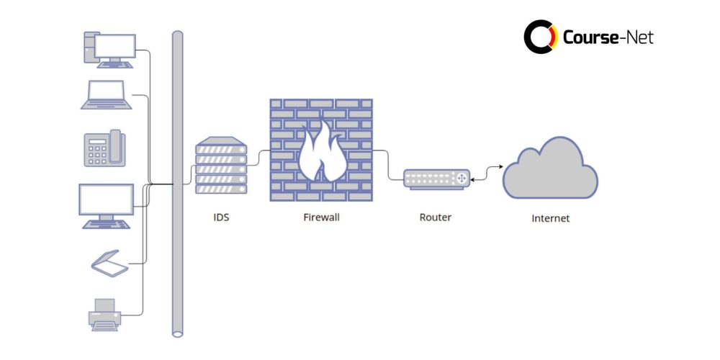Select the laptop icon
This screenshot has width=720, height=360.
click(106, 95)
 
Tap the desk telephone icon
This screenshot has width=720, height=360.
click(104, 149)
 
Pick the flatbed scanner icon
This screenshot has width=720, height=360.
click(109, 263)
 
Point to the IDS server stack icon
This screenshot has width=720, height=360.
click(221, 166)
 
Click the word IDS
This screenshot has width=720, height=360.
click(221, 217)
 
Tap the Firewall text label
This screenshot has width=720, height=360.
click(321, 217)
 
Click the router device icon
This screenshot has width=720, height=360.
click(436, 179)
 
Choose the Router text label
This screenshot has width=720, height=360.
click(435, 217)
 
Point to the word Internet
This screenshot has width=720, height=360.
click(550, 218)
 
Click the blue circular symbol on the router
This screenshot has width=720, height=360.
click(461, 178)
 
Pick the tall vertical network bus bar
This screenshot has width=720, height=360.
click(177, 184)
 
